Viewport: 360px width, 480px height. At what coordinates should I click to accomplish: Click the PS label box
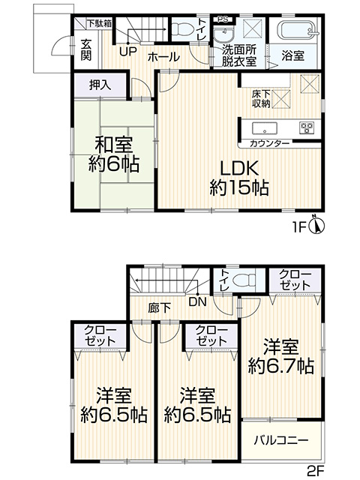(x=223, y=19)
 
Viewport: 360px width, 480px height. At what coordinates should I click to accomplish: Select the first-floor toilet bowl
(x=181, y=30)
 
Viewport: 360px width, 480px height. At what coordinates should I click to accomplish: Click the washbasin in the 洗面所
(x=223, y=35)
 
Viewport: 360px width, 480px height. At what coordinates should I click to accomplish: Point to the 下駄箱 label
(x=100, y=24)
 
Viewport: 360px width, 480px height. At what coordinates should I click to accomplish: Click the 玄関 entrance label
(x=85, y=50)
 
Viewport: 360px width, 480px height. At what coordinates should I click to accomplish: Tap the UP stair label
(x=127, y=52)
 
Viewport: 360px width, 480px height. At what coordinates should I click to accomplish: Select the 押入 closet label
(x=100, y=85)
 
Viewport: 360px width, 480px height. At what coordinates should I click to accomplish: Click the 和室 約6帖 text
(x=114, y=154)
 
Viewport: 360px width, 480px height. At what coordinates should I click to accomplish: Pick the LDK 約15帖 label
(x=239, y=178)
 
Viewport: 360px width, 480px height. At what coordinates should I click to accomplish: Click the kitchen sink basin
(x=265, y=128)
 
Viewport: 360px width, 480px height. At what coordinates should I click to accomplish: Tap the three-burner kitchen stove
(x=307, y=127)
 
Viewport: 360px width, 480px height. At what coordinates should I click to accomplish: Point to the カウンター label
(x=269, y=143)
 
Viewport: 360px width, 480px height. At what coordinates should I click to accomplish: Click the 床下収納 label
(x=261, y=99)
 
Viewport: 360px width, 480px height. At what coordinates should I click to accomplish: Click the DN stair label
(x=198, y=301)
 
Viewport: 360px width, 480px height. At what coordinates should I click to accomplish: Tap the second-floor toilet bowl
(x=244, y=280)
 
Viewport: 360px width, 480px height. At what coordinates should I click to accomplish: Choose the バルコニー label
(x=281, y=440)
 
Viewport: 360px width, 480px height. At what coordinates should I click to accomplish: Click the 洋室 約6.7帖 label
(x=281, y=356)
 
